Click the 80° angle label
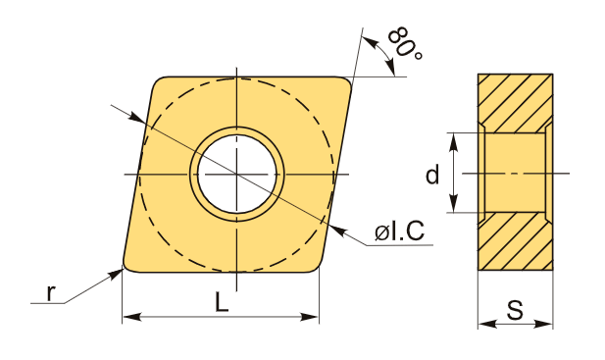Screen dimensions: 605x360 [x=405, y=43]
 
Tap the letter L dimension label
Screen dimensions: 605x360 [x=222, y=302]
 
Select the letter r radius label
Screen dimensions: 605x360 [x=50, y=293]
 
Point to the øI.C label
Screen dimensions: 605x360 [x=399, y=231]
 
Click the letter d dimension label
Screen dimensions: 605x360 [x=432, y=174]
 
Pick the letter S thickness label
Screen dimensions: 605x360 [x=515, y=309]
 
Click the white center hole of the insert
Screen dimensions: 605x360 [x=237, y=174]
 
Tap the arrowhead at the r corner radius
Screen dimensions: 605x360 [x=116, y=274]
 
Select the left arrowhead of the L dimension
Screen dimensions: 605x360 [x=131, y=317]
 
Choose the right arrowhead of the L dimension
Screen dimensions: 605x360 [x=310, y=317]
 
